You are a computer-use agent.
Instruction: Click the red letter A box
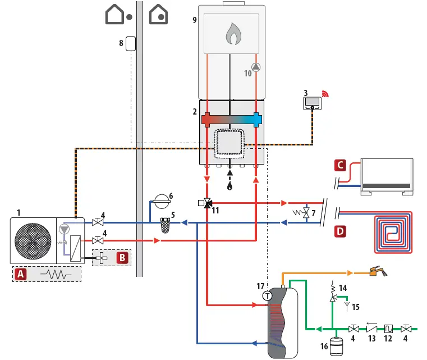coord(21,274)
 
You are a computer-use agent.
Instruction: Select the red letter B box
coord(122,258)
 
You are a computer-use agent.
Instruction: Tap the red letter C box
coord(339,165)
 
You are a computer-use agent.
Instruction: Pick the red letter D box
coord(339,230)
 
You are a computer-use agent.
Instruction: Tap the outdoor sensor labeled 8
coord(132,43)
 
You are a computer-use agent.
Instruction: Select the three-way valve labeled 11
coord(208,203)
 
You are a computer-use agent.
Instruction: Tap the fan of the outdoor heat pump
coord(33,240)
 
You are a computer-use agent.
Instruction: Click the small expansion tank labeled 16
coord(338,344)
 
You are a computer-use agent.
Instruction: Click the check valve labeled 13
coord(371,328)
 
